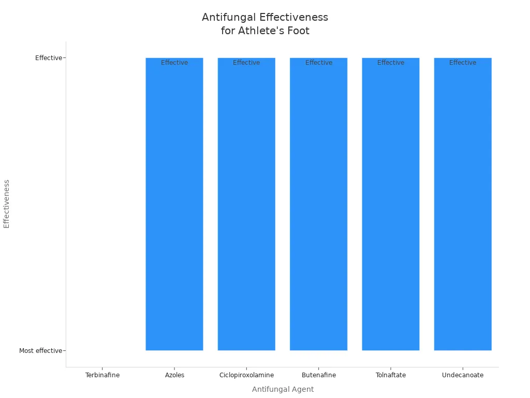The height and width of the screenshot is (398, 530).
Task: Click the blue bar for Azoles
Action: (174, 207)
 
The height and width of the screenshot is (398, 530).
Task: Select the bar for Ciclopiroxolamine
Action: (246, 207)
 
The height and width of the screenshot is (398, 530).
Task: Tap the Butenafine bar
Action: (318, 207)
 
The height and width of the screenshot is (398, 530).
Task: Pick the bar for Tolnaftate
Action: (391, 207)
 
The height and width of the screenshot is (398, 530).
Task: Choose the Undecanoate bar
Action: (463, 207)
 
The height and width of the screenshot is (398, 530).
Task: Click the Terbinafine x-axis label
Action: (102, 375)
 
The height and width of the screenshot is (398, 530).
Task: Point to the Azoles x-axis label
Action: (174, 375)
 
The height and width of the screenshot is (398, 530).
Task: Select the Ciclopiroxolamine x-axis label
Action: (246, 375)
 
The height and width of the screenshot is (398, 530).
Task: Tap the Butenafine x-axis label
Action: (318, 375)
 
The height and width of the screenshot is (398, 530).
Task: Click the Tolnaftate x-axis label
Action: (391, 375)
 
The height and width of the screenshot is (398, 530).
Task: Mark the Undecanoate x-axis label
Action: (463, 375)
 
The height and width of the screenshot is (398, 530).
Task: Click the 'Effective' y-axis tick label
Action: (48, 58)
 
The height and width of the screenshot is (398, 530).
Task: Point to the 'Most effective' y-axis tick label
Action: (40, 351)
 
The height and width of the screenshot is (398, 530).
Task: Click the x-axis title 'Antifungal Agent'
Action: (283, 389)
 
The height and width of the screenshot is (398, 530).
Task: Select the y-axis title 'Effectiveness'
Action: (7, 204)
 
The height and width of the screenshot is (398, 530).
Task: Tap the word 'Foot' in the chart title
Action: (299, 31)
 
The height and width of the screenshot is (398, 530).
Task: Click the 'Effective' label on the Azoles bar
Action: (174, 63)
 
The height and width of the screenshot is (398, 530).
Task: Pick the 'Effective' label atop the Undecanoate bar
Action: (463, 63)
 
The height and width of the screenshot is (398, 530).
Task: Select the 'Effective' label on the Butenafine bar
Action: (318, 63)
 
